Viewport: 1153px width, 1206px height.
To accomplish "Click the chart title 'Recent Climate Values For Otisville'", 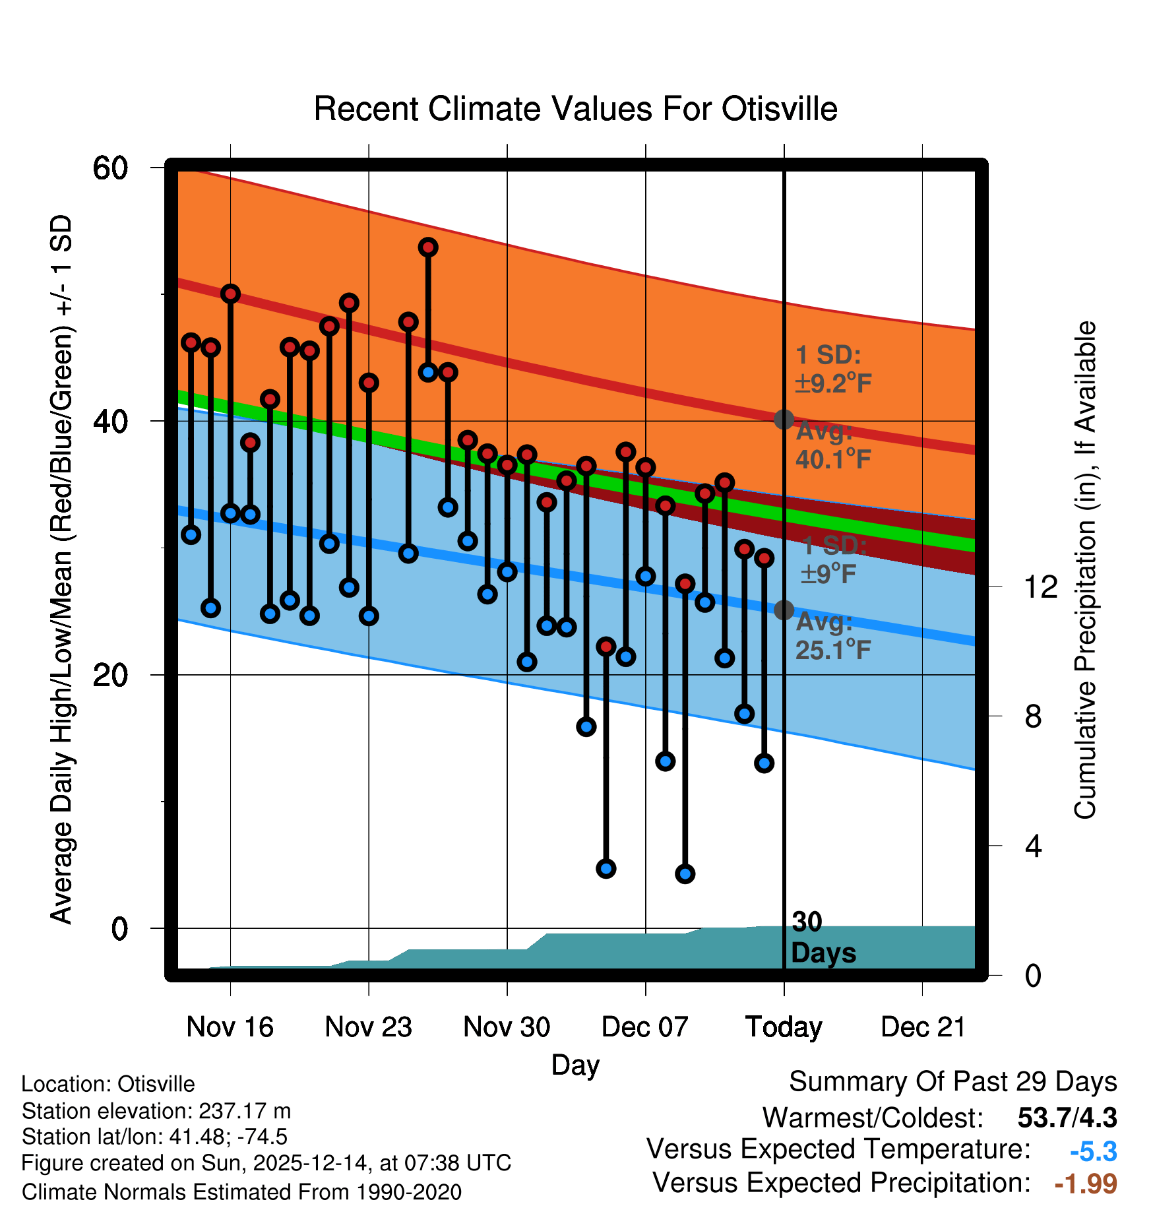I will [x=575, y=109].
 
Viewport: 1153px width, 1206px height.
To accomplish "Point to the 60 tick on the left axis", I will [x=110, y=168].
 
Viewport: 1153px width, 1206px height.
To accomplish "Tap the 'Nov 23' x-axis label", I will [x=368, y=1027].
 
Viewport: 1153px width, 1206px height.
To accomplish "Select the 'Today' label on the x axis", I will [x=784, y=1027].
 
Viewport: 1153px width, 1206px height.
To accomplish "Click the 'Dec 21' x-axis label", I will [x=923, y=1027].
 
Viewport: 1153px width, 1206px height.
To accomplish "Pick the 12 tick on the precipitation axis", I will [x=1040, y=587].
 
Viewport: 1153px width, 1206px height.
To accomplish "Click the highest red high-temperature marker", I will [x=428, y=247].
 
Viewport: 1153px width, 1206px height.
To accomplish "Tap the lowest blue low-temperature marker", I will [x=685, y=874].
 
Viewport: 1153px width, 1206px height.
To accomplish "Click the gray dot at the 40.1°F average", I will [x=784, y=420].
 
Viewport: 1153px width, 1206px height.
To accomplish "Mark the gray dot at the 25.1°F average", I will [x=784, y=610].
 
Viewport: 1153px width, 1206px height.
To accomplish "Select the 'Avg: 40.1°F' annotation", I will [x=832, y=445].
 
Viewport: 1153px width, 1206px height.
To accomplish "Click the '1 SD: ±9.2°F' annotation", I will [x=832, y=369].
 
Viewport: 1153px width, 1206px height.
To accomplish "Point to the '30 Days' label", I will [x=823, y=937].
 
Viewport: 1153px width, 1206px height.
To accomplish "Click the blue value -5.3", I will [x=1093, y=1152].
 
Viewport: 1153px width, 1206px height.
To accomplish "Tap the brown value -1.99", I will [x=1086, y=1184].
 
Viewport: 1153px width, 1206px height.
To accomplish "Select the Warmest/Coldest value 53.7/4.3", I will [x=1067, y=1118].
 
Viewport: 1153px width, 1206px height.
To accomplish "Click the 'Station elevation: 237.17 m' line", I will [x=156, y=1111].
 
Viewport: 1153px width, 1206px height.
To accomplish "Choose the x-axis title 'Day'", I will [x=575, y=1065].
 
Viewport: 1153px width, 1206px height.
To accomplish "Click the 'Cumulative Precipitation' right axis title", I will [x=1085, y=571].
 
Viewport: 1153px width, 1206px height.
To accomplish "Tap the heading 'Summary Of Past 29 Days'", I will [x=952, y=1082].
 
